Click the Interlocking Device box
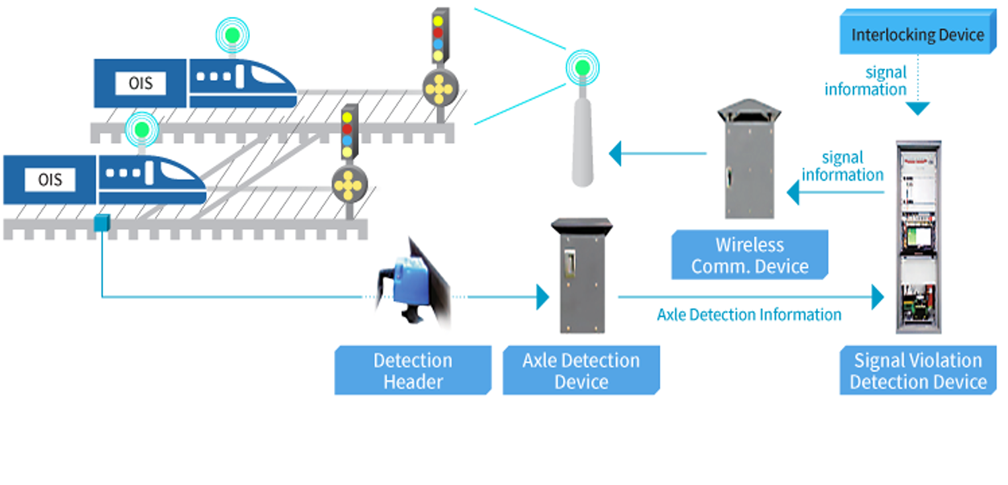point(917,34)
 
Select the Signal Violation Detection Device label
point(918,371)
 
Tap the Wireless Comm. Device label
point(749,255)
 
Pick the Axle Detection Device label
point(581,371)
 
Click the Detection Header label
point(413,371)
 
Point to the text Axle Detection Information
point(749,314)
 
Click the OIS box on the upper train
point(140,83)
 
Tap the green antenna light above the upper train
point(233,34)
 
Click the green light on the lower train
point(141,128)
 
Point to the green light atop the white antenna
point(582,67)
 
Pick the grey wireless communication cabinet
point(749,162)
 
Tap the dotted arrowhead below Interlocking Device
point(917,108)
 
